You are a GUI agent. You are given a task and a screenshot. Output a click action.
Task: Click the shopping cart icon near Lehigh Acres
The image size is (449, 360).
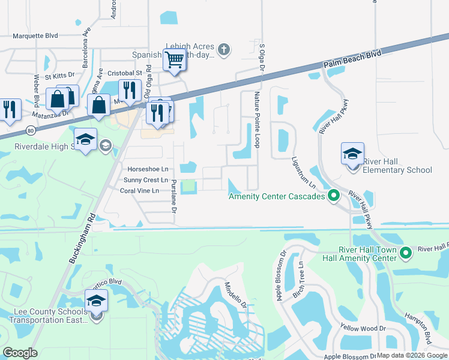click(x=174, y=60)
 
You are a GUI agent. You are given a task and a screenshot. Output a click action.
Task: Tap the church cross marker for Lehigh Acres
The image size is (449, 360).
click(x=223, y=49)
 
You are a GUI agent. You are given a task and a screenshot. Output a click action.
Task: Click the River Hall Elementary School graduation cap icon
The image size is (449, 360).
click(x=352, y=154)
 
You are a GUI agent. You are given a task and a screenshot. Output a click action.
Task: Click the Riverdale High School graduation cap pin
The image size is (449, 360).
click(x=86, y=140)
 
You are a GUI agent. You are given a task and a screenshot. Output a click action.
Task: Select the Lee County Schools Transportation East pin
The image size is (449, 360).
click(x=96, y=301)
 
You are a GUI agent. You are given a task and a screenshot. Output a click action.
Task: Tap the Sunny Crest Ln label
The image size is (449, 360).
click(x=145, y=180)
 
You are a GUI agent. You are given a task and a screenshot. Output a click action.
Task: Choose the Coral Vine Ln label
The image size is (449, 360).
click(x=139, y=191)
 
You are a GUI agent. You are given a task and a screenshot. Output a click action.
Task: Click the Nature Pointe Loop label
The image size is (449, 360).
click(x=257, y=120)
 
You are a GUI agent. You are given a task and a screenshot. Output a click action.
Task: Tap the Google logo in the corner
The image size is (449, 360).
click(x=20, y=352)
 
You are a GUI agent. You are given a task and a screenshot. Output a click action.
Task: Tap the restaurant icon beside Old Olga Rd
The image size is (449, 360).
click(x=130, y=91)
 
